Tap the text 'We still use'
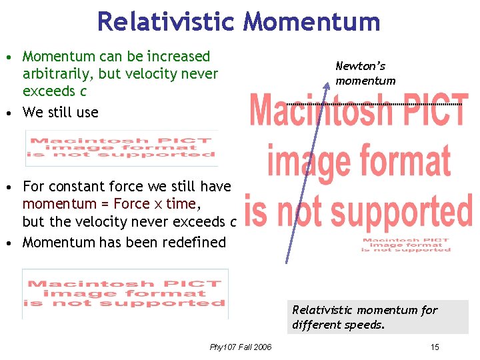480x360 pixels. [60, 112]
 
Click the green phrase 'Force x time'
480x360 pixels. [155, 203]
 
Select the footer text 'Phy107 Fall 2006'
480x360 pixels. [241, 347]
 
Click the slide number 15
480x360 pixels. [435, 347]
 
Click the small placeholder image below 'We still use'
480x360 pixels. [121, 148]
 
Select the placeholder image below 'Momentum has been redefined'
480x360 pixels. [125, 293]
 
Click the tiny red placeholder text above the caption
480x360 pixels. [406, 245]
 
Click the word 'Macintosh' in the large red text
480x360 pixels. [311, 111]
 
